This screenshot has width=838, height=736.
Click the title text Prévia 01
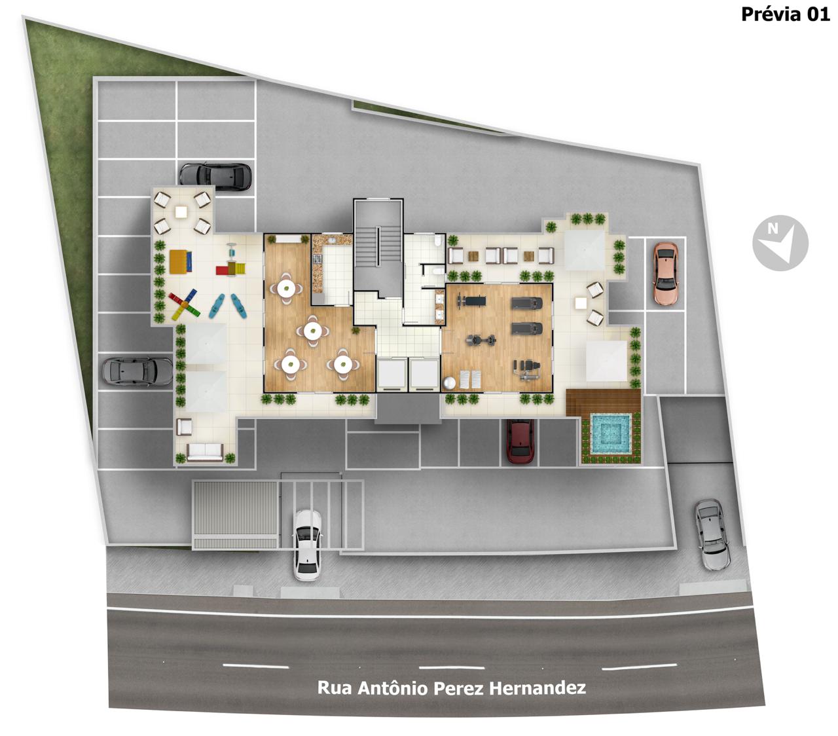(x=785, y=14)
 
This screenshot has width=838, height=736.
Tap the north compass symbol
(x=780, y=243)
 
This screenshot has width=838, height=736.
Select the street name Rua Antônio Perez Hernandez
(x=452, y=688)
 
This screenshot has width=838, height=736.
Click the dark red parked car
(x=520, y=441)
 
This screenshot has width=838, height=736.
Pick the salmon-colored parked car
(x=666, y=274)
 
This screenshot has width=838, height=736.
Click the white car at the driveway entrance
(x=307, y=545)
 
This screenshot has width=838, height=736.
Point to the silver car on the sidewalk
(x=712, y=534)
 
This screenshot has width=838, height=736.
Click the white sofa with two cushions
(x=205, y=451)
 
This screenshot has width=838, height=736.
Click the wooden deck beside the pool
(x=603, y=401)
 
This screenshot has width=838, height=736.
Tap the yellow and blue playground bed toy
(x=180, y=261)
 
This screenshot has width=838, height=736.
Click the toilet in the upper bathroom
(x=438, y=242)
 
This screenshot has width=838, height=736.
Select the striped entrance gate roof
(x=234, y=514)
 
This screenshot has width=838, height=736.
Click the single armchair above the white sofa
(x=184, y=426)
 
